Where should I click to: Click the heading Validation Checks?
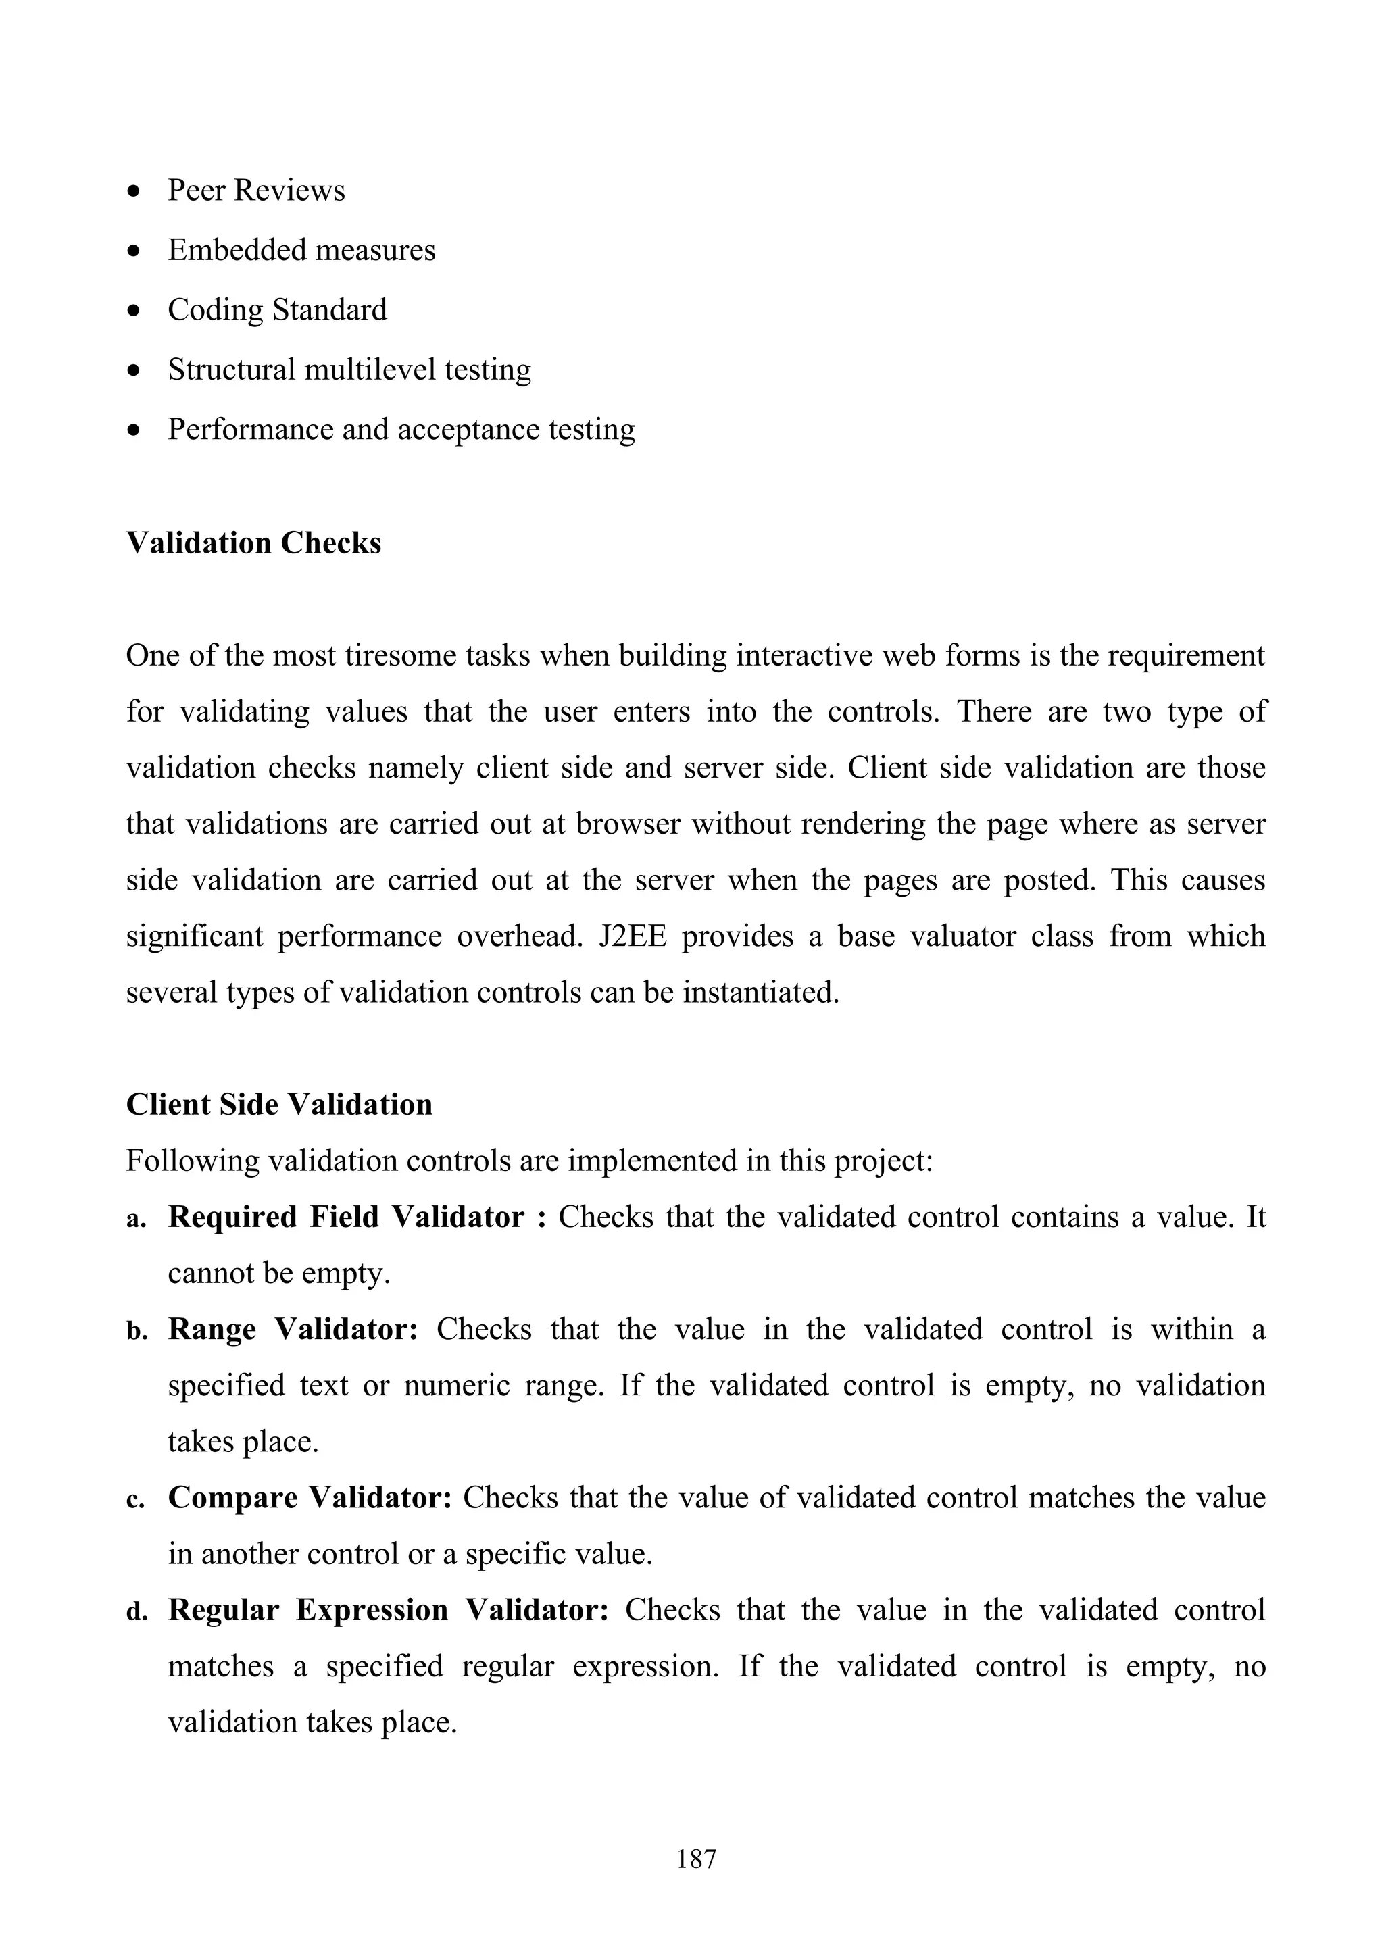253,543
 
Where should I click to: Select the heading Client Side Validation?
279,1105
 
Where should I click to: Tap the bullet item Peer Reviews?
256,190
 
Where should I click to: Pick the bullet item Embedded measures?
301,250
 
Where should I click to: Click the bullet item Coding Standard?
277,309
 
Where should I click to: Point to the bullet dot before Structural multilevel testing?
133,371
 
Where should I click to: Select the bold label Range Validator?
293,1330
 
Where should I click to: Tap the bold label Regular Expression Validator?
388,1610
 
